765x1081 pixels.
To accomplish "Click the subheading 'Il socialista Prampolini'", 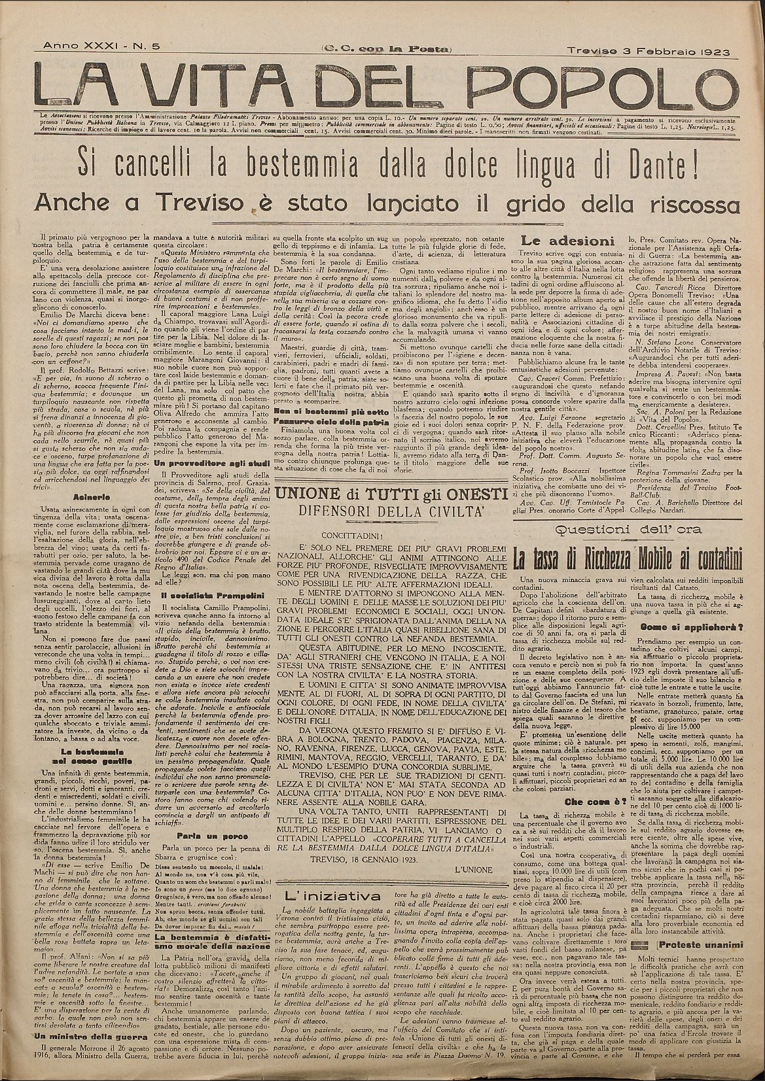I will (203, 594).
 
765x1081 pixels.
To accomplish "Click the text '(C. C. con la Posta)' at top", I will (386, 50).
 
